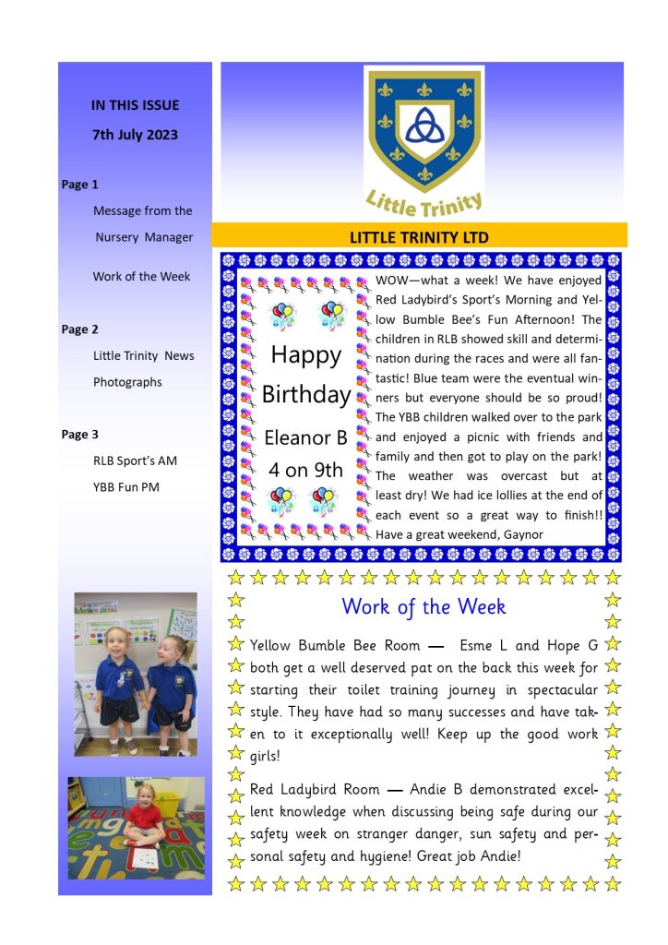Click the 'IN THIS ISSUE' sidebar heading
click(135, 105)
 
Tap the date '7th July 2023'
click(135, 135)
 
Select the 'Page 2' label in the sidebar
click(80, 329)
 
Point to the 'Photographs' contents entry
click(127, 382)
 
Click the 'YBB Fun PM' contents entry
click(126, 487)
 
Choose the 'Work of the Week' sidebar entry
click(141, 277)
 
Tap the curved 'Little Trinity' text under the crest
click(424, 198)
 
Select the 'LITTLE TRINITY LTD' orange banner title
click(419, 237)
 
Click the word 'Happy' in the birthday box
click(305, 355)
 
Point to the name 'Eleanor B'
click(305, 437)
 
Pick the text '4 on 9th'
click(305, 470)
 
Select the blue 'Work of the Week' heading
click(423, 607)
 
